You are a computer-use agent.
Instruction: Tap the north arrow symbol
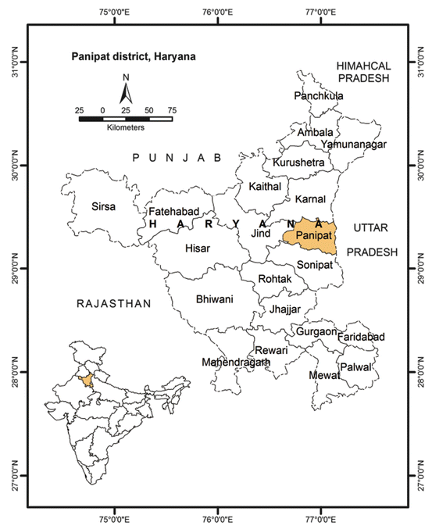126,91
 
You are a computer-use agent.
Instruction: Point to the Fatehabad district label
175,212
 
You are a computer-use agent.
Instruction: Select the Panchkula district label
319,96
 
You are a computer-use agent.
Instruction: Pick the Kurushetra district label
298,163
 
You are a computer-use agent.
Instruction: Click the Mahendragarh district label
236,363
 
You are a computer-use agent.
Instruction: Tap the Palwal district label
355,365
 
